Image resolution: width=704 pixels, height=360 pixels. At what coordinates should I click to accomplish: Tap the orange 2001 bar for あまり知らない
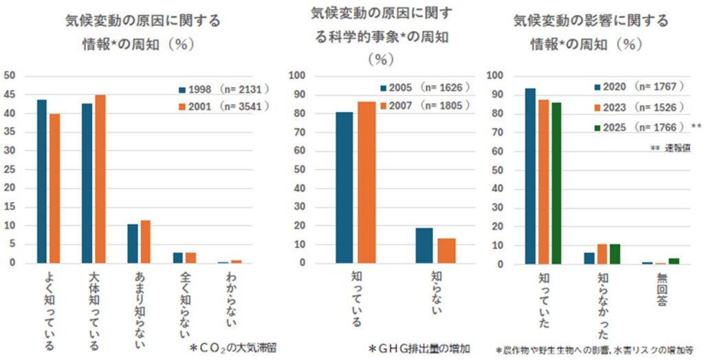pyautogui.click(x=144, y=241)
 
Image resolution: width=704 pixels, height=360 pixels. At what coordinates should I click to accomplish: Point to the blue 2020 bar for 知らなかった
pyautogui.click(x=589, y=258)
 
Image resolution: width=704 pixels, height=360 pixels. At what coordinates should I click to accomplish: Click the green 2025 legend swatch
pyautogui.click(x=597, y=128)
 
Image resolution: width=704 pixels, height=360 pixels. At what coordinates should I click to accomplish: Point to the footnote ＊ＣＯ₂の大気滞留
pyautogui.click(x=232, y=348)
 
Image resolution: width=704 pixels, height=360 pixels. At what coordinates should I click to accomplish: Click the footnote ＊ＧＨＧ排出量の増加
pyautogui.click(x=420, y=348)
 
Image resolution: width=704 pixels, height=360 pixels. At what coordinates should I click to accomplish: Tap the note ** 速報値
pyautogui.click(x=671, y=148)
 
